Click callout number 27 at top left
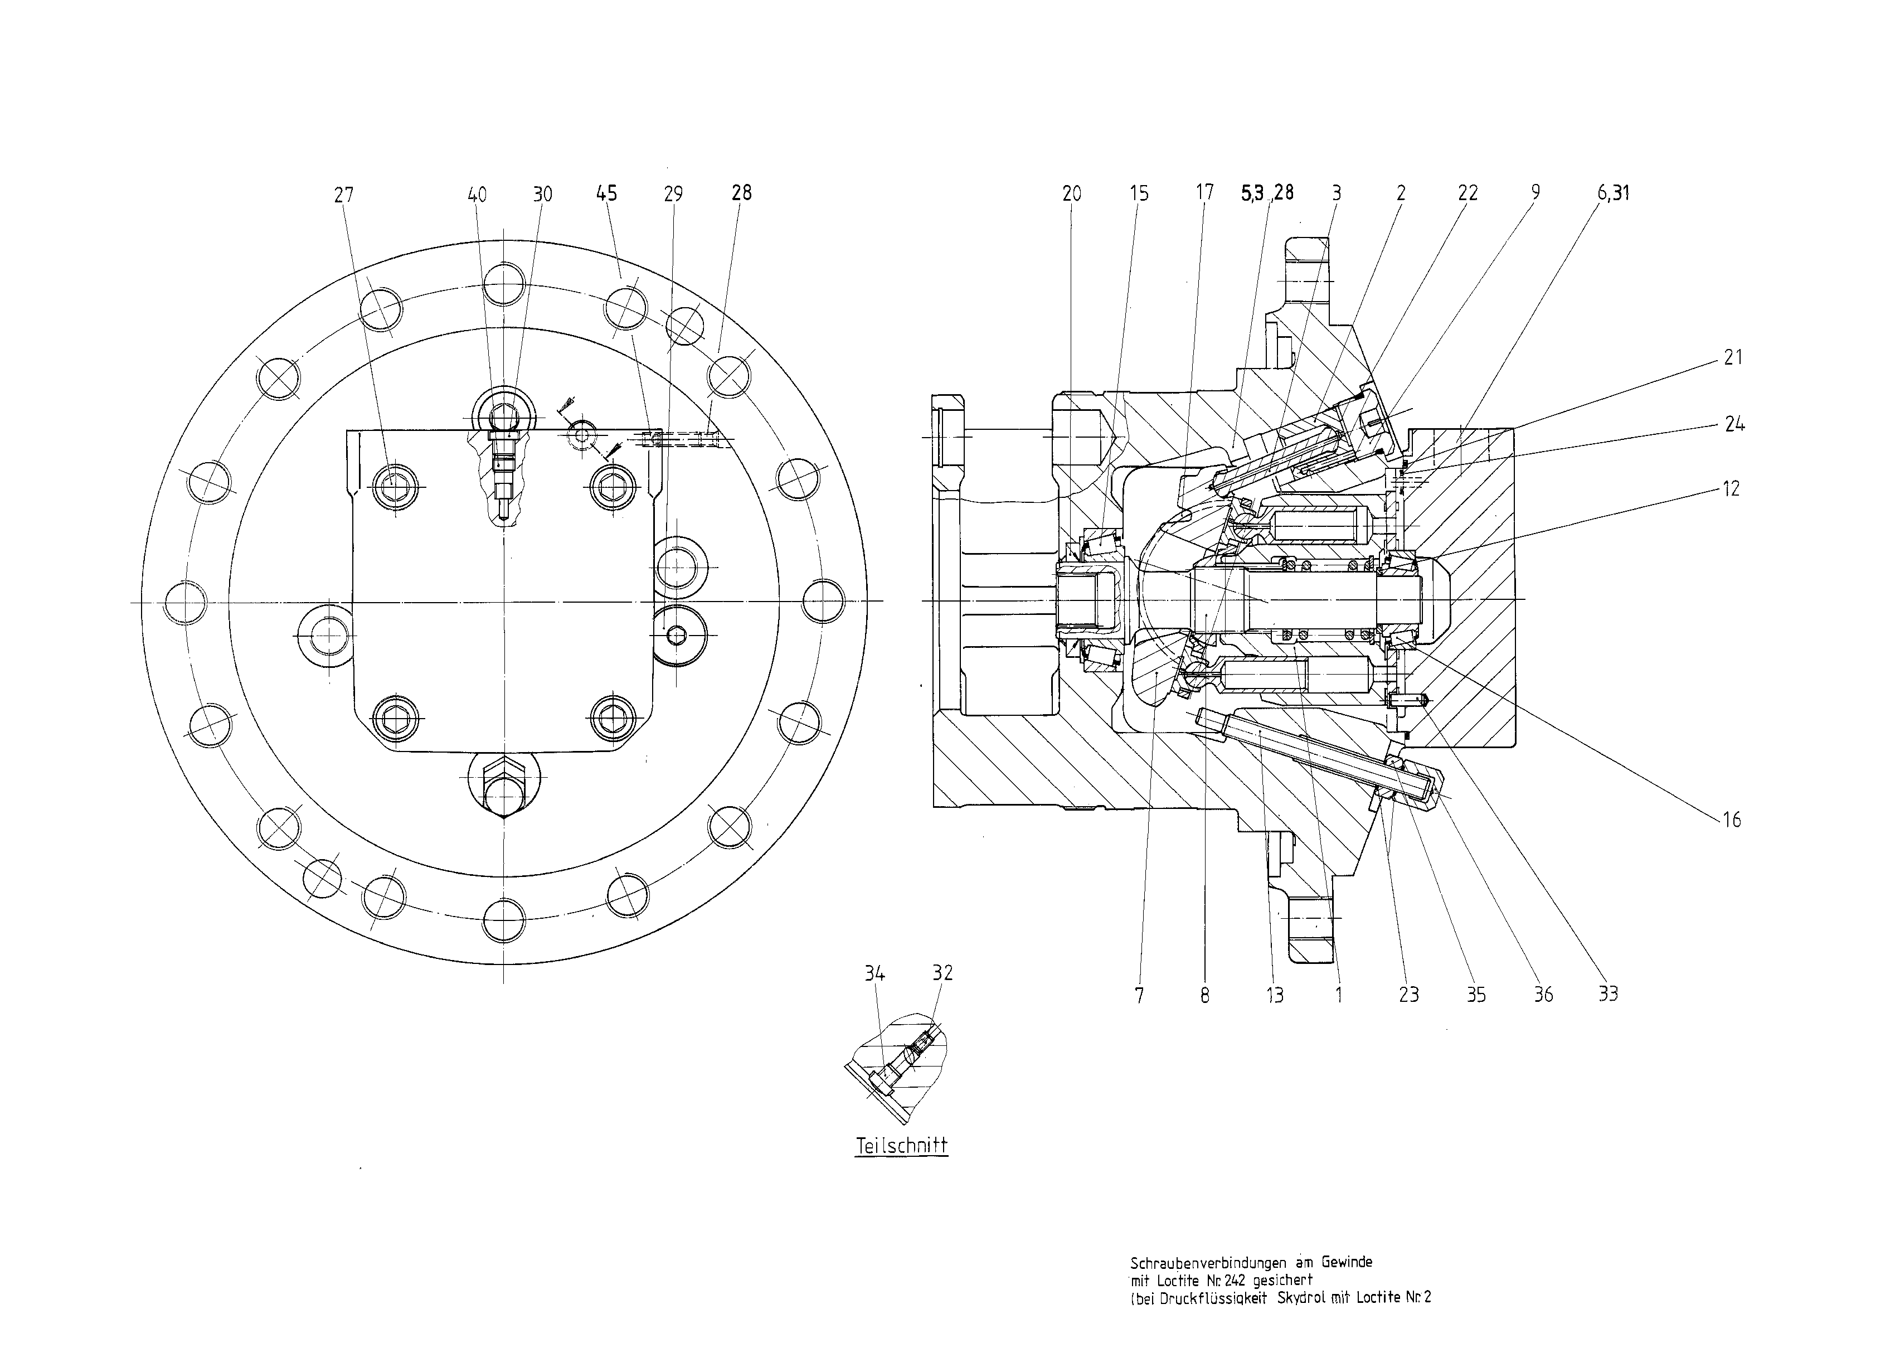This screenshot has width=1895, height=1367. point(343,195)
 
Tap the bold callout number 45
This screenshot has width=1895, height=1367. point(606,194)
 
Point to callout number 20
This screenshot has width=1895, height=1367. point(1071,194)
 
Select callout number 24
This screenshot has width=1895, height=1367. point(1734,424)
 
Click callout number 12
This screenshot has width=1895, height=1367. point(1731,489)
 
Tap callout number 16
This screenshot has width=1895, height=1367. point(1731,820)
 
